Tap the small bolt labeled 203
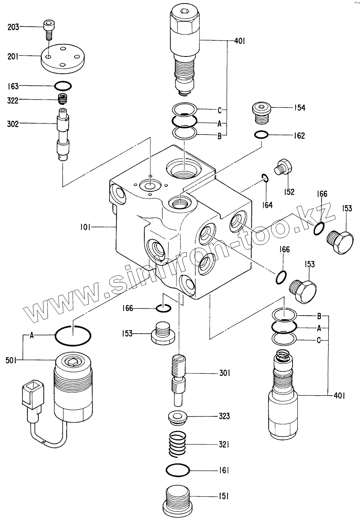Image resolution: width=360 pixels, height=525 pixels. pos(48,29)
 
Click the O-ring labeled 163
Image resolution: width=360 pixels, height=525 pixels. pos(63,85)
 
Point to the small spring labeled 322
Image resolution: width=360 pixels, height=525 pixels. pos(62,100)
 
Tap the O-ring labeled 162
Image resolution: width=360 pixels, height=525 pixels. pos(261,135)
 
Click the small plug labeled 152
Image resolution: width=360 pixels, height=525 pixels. pos(284,167)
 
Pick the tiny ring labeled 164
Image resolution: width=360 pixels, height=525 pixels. pos(265,179)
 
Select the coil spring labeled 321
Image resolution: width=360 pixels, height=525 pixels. pos(178,444)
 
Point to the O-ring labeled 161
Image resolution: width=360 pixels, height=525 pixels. pos(178,470)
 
